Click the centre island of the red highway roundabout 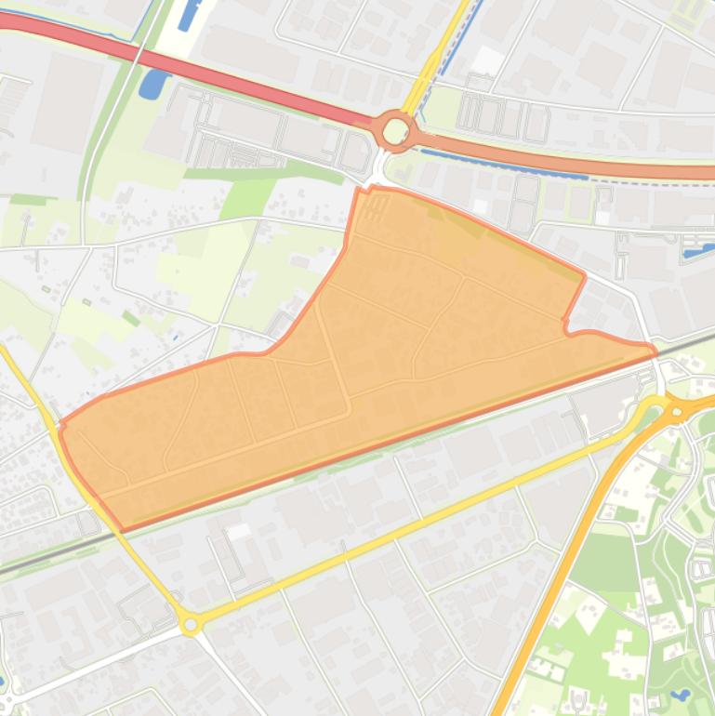[395, 131]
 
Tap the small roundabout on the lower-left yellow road [191, 625]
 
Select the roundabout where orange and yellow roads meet [676, 409]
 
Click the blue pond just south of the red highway [150, 84]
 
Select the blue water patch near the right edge [695, 250]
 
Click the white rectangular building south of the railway [239, 531]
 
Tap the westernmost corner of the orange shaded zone [60, 425]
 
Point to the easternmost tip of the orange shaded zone [655, 351]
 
